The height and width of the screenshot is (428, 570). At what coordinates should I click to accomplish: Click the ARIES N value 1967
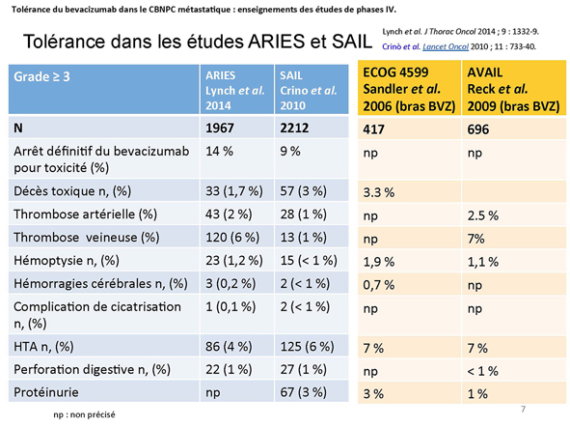click(x=220, y=128)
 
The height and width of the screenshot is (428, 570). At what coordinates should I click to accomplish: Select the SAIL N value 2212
click(x=294, y=128)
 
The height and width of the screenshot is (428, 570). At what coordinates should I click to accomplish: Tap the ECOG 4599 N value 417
click(x=373, y=129)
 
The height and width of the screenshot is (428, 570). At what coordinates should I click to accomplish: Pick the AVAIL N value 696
click(x=478, y=129)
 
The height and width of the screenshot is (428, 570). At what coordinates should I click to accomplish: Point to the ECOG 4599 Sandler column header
click(x=409, y=89)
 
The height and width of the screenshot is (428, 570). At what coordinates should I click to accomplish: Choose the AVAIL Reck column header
click(x=513, y=89)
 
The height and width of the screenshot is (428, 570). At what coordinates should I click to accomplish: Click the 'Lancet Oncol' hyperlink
click(x=446, y=46)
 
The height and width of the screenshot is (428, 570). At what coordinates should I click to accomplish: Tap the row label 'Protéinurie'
click(x=45, y=392)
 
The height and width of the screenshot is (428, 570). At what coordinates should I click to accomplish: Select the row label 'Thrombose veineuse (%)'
click(x=87, y=238)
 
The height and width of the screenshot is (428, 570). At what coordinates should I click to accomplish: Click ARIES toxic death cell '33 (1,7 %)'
click(x=234, y=191)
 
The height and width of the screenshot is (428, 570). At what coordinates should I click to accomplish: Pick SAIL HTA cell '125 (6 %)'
click(x=307, y=347)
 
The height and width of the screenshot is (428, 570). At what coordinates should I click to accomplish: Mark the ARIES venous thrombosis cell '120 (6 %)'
click(x=232, y=238)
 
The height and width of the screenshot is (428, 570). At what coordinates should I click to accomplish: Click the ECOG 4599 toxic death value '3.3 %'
click(x=379, y=192)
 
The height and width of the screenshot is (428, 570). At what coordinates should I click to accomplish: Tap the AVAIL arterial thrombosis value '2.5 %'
click(x=483, y=215)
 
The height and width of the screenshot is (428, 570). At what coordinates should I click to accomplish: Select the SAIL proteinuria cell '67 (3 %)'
click(x=303, y=392)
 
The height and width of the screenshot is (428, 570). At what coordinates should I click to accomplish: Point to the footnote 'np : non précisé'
click(x=84, y=414)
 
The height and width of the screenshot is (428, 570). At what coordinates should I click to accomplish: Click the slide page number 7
click(x=523, y=409)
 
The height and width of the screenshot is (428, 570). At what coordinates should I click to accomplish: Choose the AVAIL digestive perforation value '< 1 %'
click(x=483, y=371)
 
